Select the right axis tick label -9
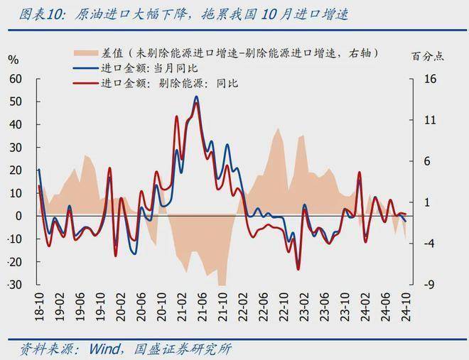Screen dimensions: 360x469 pos(428,285)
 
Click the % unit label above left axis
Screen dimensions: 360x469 pos(12,60)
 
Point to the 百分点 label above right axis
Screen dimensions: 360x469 pos(426,56)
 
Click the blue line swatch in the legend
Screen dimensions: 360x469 pos(86,68)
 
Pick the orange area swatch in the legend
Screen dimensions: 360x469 pos(86,53)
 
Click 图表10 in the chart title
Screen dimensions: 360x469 pos(28,13)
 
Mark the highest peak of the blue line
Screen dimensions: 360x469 pos(196,97)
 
